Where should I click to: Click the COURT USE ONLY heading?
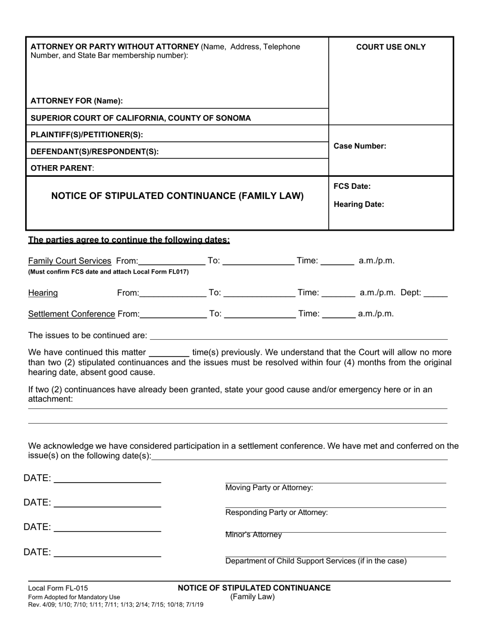coord(391,47)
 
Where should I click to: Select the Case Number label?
coord(360,146)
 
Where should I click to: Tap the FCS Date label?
coord(352,186)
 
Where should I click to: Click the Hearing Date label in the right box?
coord(358,204)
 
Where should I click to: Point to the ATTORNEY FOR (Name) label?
coord(77,101)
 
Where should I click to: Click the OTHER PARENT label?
coord(63,168)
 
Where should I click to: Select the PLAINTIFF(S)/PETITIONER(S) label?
coord(87,135)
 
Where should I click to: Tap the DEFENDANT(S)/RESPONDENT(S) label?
coord(95,151)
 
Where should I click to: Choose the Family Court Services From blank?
coord(171,262)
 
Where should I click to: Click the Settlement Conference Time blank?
coord(338,315)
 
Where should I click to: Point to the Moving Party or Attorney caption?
coord(269,488)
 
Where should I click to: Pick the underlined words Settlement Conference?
coord(72,314)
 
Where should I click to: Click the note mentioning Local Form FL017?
coord(108,272)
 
